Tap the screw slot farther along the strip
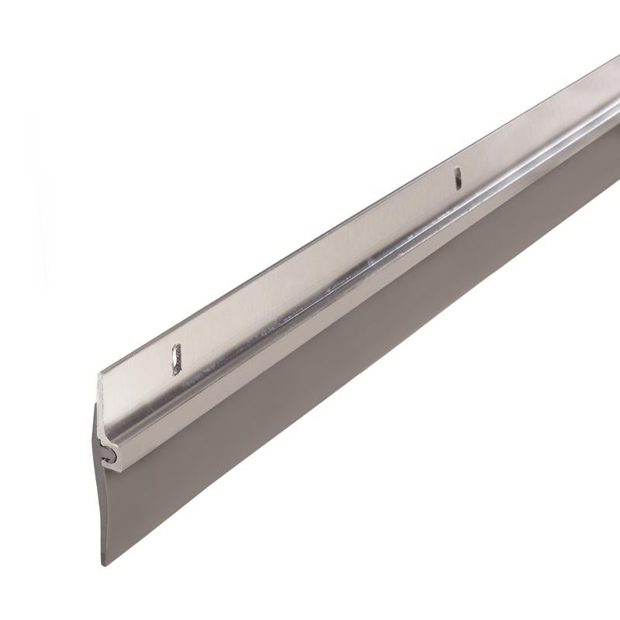coord(458,178)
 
